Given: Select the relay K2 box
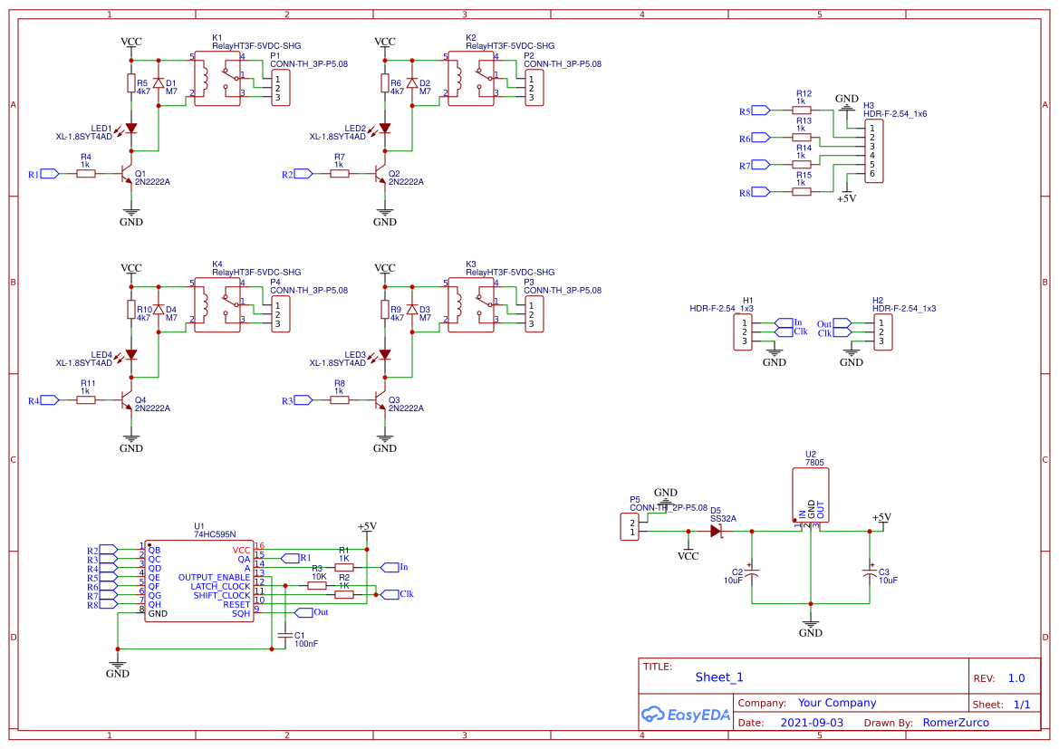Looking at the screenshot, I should click(x=471, y=79).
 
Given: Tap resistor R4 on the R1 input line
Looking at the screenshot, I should click(x=86, y=174).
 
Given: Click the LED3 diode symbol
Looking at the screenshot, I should click(x=385, y=355).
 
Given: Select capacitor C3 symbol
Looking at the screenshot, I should click(x=870, y=572).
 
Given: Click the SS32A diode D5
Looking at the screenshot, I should click(x=717, y=532).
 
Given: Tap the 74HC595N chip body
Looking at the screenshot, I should click(x=198, y=581).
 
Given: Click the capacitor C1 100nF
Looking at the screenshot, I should click(x=285, y=636).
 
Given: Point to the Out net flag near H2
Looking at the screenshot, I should click(x=841, y=323).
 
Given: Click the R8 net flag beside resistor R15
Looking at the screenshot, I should click(x=759, y=192).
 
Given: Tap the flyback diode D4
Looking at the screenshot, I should click(x=159, y=310).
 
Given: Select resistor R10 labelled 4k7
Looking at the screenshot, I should click(x=131, y=310).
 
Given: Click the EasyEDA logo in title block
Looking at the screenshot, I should click(x=685, y=715).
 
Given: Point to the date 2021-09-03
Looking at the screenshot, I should click(x=812, y=723).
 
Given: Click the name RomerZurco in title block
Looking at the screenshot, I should click(x=956, y=723).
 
